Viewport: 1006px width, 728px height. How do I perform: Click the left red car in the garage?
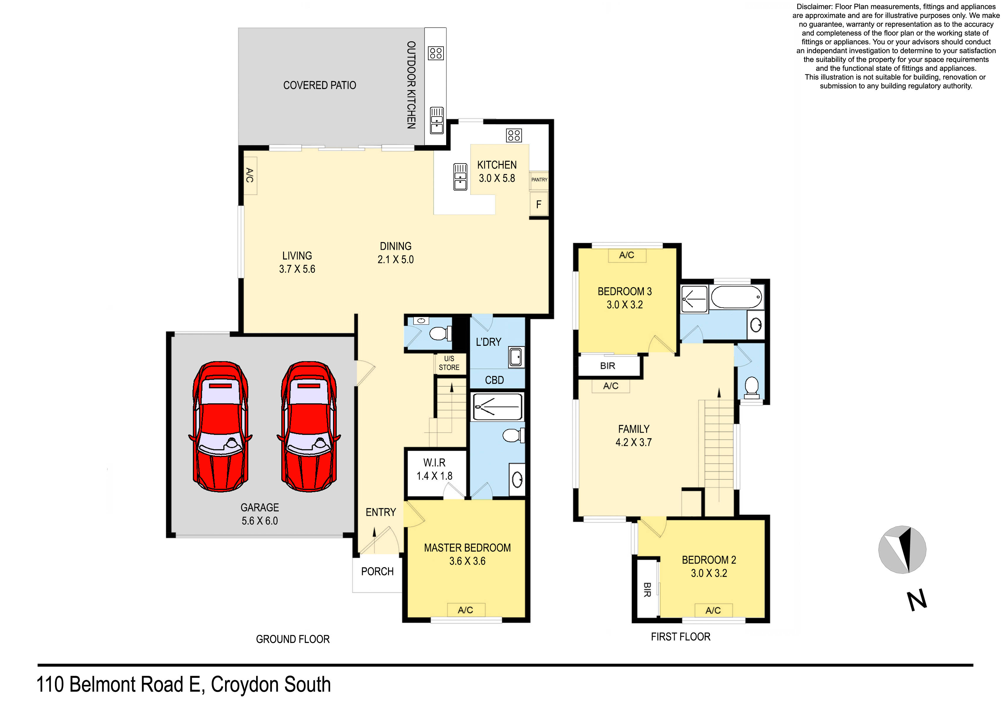pyautogui.click(x=221, y=427)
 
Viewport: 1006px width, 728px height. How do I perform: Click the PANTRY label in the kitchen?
pyautogui.click(x=539, y=180)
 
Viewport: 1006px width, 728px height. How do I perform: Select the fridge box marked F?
pyautogui.click(x=538, y=204)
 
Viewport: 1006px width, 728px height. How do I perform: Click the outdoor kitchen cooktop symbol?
pyautogui.click(x=436, y=53)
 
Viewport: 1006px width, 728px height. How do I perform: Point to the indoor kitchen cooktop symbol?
pyautogui.click(x=514, y=135)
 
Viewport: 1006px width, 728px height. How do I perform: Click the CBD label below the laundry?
pyautogui.click(x=494, y=380)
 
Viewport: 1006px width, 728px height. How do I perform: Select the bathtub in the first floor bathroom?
pyautogui.click(x=736, y=297)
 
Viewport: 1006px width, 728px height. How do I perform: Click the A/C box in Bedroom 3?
pyautogui.click(x=626, y=255)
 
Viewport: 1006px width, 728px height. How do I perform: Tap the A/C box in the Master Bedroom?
pyautogui.click(x=465, y=610)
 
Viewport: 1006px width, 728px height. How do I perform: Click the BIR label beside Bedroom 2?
pyautogui.click(x=647, y=590)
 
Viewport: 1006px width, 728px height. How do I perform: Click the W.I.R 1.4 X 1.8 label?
pyautogui.click(x=434, y=469)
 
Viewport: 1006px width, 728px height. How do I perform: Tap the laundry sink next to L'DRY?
pyautogui.click(x=515, y=357)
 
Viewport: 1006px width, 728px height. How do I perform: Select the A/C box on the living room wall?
pyautogui.click(x=250, y=176)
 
